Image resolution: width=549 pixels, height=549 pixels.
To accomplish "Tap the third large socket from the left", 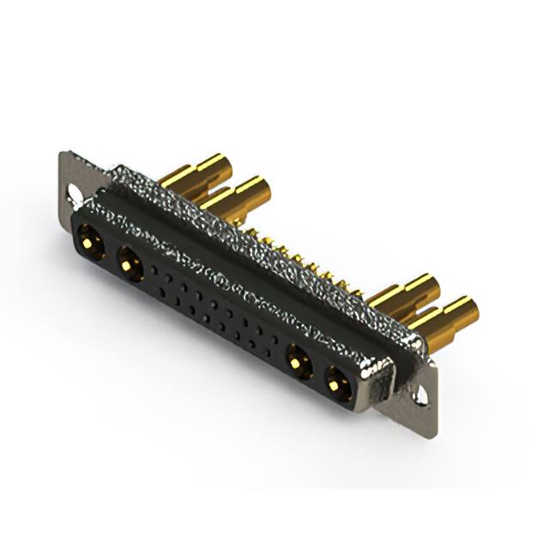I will coord(298,362).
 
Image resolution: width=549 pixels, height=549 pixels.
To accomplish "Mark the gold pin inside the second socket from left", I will coord(129,265).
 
